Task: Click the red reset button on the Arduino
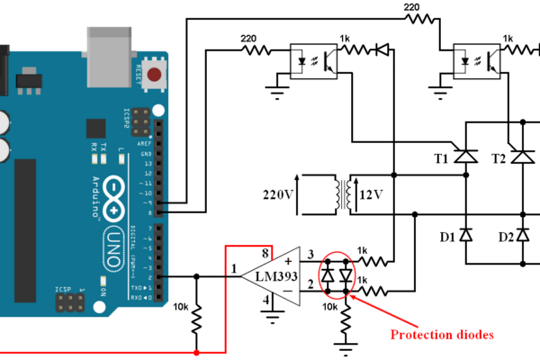coord(158,75)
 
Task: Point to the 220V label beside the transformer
coord(277,194)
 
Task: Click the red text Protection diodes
coord(442,335)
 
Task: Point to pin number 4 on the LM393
coord(266,299)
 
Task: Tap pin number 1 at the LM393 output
coord(232,268)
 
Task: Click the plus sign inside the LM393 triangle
coord(288,262)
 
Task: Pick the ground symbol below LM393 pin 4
coord(267,315)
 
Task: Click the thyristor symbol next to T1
coord(465,156)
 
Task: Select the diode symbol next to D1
coord(465,235)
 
